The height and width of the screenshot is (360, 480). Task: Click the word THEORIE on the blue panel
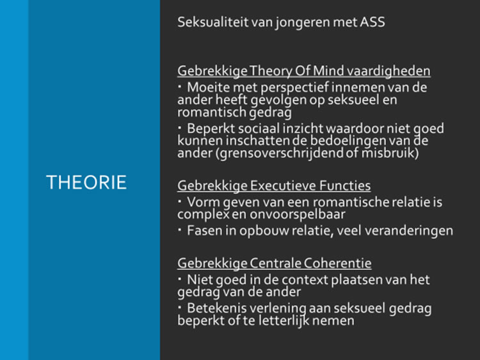coord(86,183)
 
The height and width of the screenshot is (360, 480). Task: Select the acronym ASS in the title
coord(372,22)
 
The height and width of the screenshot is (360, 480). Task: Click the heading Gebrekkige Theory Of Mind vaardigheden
coord(304,71)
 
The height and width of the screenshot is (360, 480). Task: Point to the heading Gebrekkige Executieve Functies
coord(274,185)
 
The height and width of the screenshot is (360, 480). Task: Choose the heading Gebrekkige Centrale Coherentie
coord(275,263)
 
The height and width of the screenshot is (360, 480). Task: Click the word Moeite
coord(208,88)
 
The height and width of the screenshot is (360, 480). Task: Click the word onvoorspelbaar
coord(298,215)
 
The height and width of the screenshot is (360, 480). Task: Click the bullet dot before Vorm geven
coord(180,201)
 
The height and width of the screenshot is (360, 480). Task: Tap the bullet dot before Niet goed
coord(180,279)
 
